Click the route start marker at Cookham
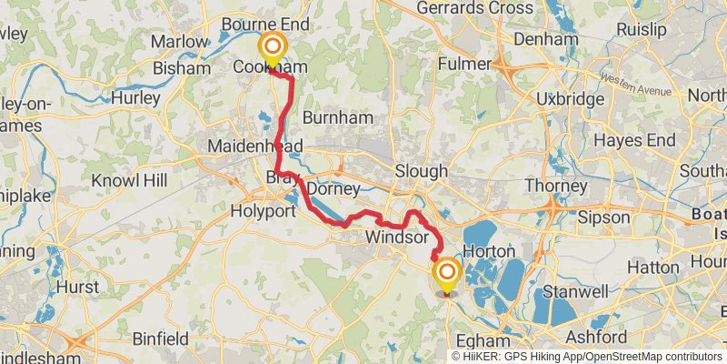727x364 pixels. tap(272, 46)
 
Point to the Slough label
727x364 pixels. tap(421, 171)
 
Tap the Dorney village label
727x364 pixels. tap(334, 188)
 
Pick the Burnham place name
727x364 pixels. tap(337, 118)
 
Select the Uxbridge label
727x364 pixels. tap(570, 98)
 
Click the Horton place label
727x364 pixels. tap(490, 250)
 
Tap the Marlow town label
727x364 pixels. tap(180, 42)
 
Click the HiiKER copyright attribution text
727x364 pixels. tap(587, 356)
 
